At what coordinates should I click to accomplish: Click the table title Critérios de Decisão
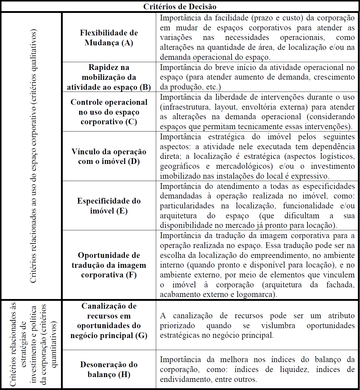(x=180, y=6)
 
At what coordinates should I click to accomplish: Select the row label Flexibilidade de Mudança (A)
(x=109, y=38)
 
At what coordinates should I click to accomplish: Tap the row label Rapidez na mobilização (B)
(x=109, y=77)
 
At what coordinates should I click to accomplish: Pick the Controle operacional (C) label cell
(x=109, y=112)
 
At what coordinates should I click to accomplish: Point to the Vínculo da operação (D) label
(x=109, y=156)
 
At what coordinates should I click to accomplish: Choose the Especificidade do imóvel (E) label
(x=109, y=206)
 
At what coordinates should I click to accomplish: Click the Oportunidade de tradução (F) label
(x=109, y=265)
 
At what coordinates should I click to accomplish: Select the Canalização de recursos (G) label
(x=109, y=321)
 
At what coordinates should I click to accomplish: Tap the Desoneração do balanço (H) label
(x=109, y=369)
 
